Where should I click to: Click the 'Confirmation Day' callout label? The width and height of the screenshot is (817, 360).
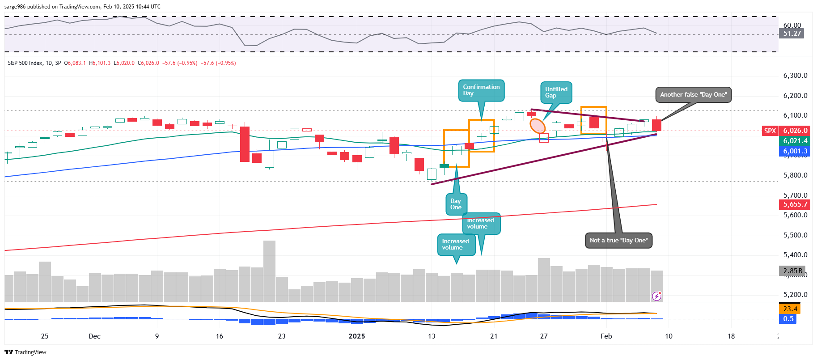(481, 90)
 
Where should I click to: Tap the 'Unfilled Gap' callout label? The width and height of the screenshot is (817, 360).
(556, 93)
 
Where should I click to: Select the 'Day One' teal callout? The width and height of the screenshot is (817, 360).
(456, 204)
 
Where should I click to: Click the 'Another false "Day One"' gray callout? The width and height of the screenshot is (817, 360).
(693, 95)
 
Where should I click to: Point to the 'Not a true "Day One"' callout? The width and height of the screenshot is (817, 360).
(618, 241)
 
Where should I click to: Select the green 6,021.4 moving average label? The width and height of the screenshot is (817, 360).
(795, 141)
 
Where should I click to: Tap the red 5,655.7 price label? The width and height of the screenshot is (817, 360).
(795, 204)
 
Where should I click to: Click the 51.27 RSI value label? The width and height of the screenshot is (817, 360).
(792, 34)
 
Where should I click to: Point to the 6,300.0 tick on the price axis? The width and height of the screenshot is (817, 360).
(795, 76)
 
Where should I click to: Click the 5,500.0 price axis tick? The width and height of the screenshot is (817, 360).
(795, 235)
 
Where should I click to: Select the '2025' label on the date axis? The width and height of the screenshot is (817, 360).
(357, 336)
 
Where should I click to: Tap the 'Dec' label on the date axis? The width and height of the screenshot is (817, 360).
(94, 336)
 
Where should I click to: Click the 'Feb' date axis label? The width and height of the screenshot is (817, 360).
(606, 336)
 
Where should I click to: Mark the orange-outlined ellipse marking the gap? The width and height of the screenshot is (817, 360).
(538, 126)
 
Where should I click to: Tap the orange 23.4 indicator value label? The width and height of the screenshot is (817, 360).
(790, 309)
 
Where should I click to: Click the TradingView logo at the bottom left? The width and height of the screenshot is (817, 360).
(26, 352)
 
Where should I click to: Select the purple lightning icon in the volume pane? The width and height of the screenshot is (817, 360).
(656, 296)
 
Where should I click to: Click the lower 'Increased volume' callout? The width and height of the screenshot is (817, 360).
(456, 245)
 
